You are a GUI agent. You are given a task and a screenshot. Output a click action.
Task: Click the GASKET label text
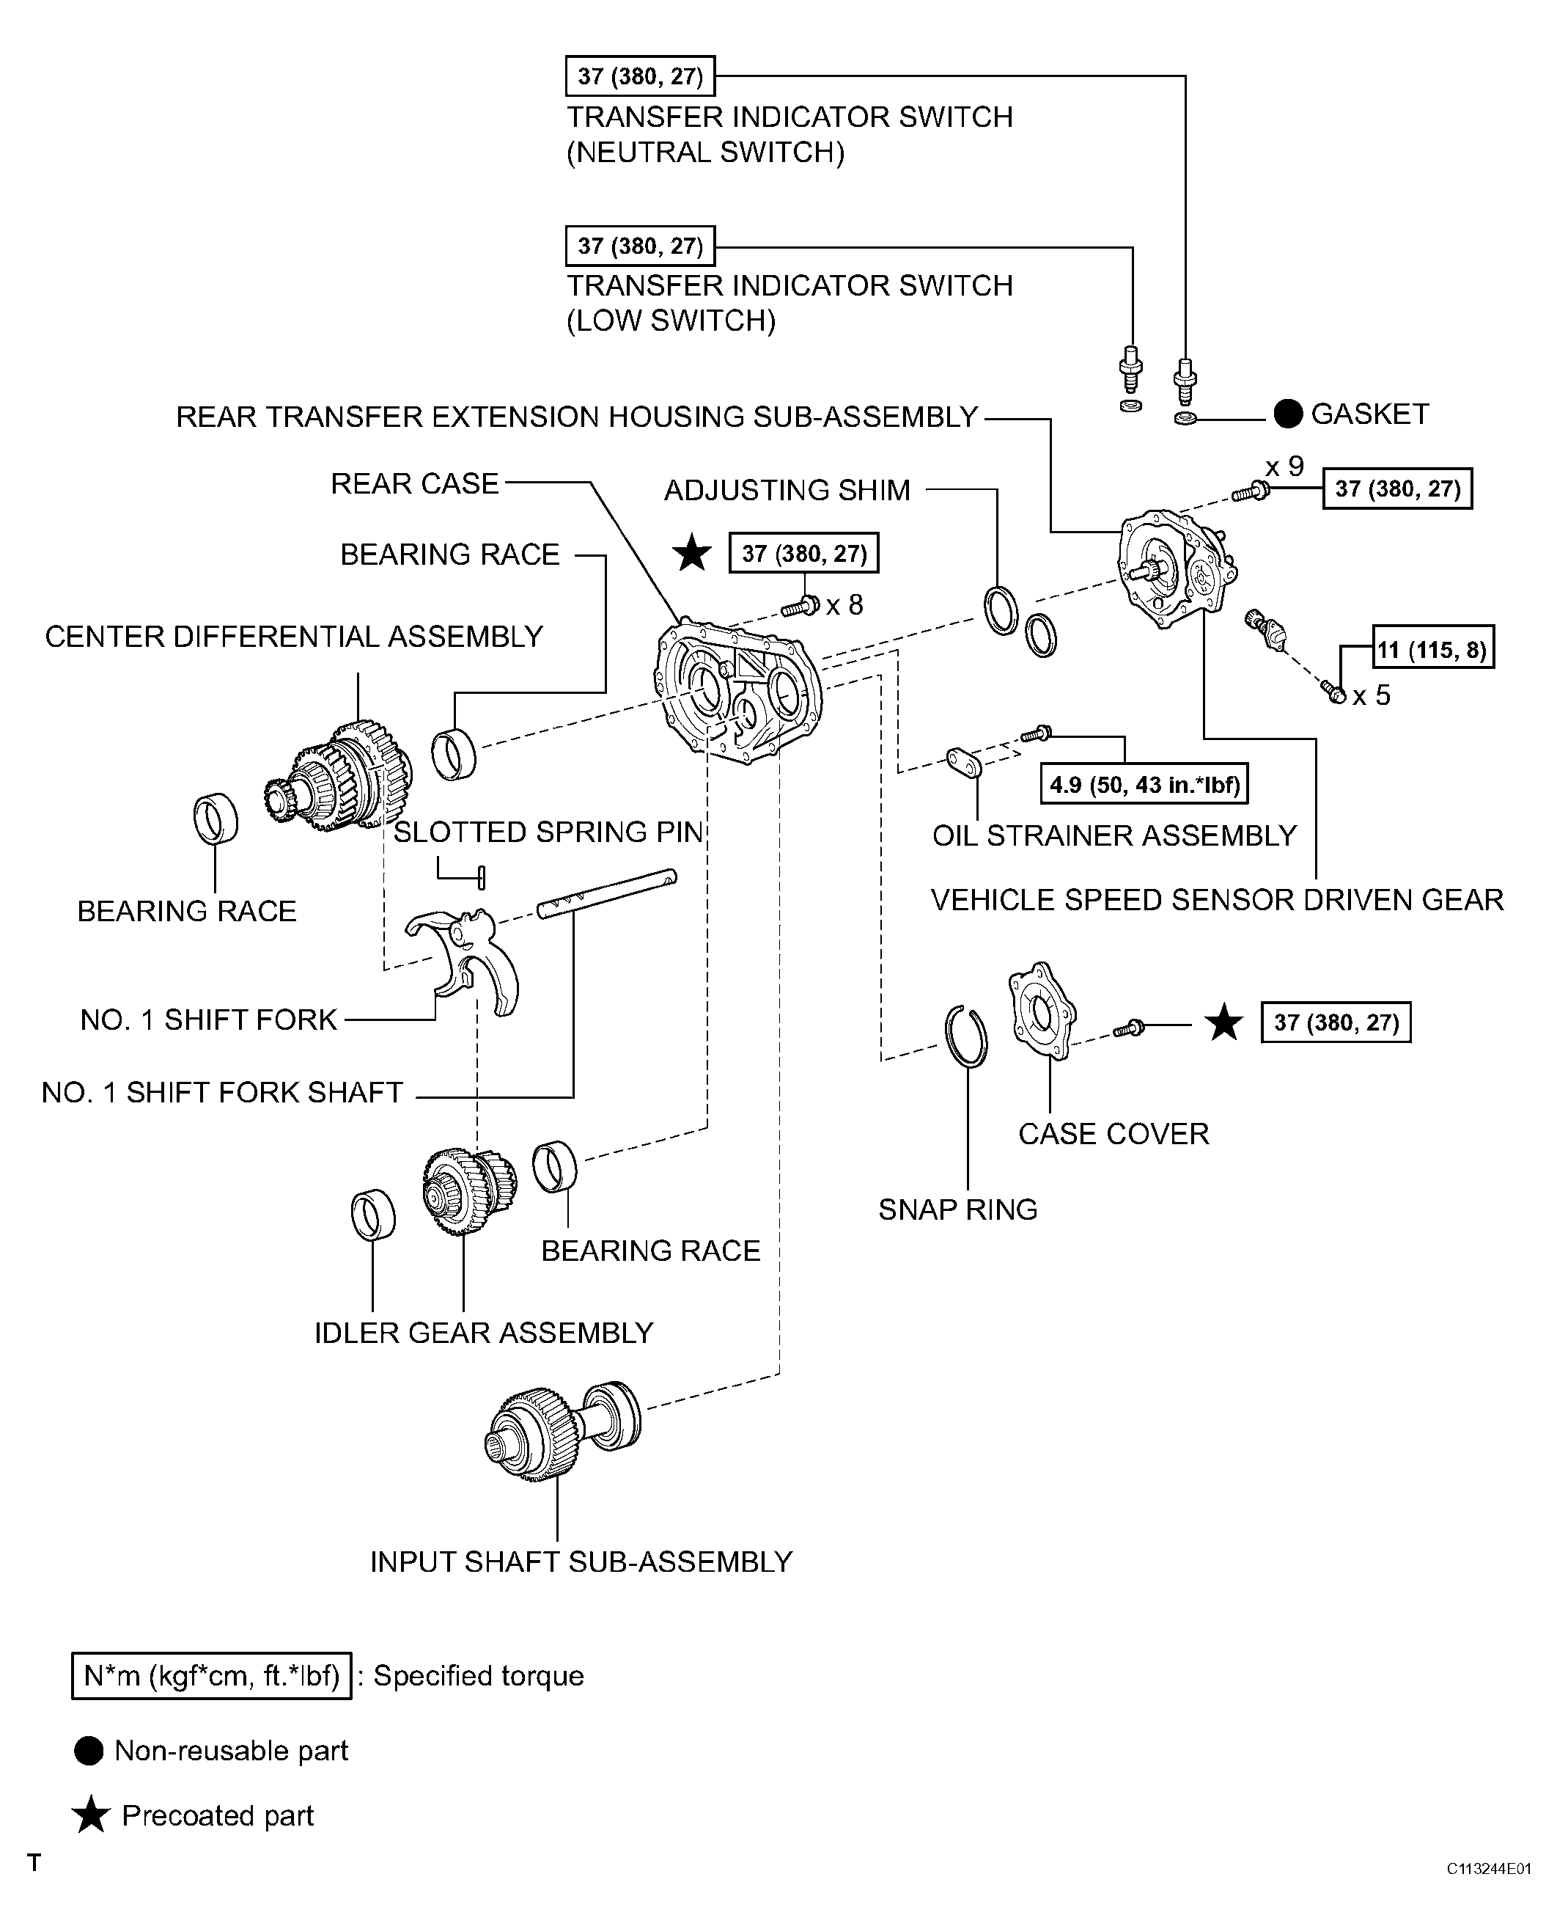[x=1369, y=414]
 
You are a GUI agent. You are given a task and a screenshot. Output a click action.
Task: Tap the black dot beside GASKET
[x=1288, y=414]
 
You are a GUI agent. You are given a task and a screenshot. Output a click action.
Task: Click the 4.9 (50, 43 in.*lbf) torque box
[x=1144, y=785]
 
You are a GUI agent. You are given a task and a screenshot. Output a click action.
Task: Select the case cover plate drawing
[x=1042, y=1011]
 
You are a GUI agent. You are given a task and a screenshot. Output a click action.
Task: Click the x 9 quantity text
[x=1284, y=466]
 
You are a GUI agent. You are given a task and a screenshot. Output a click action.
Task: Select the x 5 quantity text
[x=1372, y=696]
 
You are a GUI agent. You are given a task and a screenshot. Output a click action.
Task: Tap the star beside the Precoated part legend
[x=91, y=1815]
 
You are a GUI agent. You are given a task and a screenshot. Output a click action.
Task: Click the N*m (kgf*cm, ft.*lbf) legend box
[x=212, y=1676]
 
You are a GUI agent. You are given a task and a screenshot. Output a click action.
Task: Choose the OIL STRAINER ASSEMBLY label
[x=1114, y=836]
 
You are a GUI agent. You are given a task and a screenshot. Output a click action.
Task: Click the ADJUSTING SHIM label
[x=787, y=491]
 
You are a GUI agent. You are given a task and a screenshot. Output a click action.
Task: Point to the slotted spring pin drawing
[x=482, y=876]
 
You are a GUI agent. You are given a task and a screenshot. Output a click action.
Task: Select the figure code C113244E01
[x=1488, y=1869]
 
